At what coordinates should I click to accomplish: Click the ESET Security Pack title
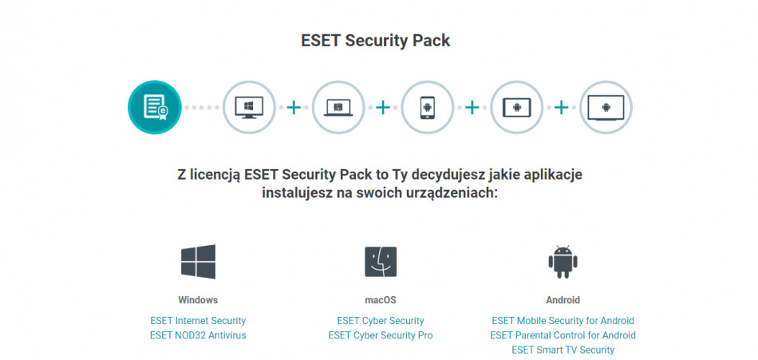[x=376, y=41]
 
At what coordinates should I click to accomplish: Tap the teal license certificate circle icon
[x=155, y=107]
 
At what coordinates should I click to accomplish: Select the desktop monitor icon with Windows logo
[x=249, y=107]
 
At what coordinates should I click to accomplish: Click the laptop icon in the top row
[x=338, y=107]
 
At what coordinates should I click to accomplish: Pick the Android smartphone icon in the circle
[x=428, y=107]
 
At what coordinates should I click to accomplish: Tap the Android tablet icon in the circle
[x=516, y=107]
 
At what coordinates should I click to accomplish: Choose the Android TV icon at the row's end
[x=606, y=107]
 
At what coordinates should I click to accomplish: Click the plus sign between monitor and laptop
[x=294, y=107]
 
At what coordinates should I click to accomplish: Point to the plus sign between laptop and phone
[x=383, y=107]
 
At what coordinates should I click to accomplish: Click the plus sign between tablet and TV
[x=561, y=107]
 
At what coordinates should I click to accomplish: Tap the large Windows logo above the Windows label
[x=198, y=262]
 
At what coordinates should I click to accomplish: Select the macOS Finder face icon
[x=381, y=262]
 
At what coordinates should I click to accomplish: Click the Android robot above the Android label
[x=563, y=262]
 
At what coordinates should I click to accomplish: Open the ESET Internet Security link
[x=198, y=320]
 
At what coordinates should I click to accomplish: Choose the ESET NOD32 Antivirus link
[x=198, y=335]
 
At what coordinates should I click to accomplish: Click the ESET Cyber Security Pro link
[x=381, y=335]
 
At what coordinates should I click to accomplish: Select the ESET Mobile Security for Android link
[x=563, y=320]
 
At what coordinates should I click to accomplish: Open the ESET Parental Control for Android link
[x=563, y=335]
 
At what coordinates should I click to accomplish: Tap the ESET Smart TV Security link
[x=563, y=350]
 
